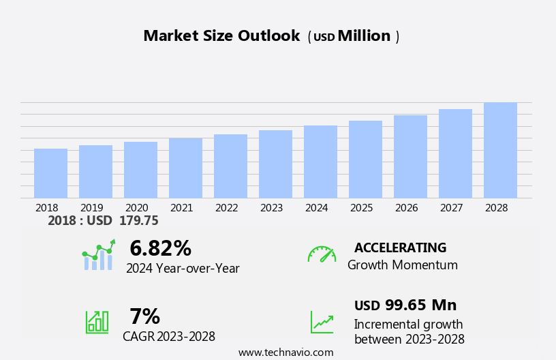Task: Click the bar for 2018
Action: tap(50, 173)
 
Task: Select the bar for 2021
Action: tap(185, 168)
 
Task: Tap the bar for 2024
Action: tap(320, 162)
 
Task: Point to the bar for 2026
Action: tap(410, 157)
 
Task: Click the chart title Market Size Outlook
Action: tap(221, 36)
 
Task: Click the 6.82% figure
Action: tap(160, 248)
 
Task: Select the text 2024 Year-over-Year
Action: tap(183, 269)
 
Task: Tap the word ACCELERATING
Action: tap(400, 248)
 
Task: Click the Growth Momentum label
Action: tap(403, 265)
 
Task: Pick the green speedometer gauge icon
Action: tap(322, 255)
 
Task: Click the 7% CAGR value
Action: tap(144, 316)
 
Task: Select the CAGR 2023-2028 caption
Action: tap(169, 337)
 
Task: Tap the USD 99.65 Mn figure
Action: tap(405, 305)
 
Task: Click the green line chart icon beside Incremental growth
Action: tap(322, 322)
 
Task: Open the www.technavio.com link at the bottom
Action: tap(286, 352)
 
